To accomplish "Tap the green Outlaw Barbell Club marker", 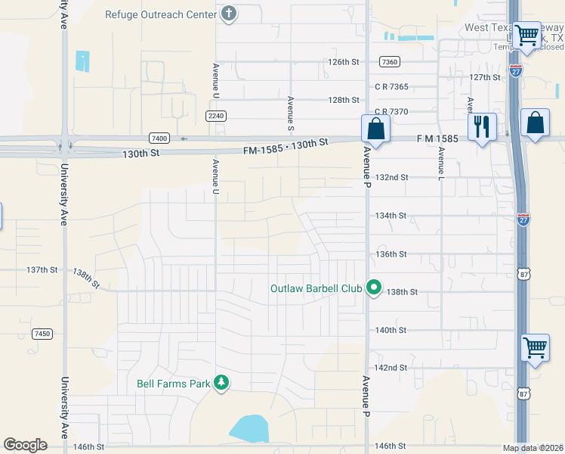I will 373,288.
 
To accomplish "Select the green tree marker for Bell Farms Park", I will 221,384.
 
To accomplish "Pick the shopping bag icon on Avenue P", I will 375,129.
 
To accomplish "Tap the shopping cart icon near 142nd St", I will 535,348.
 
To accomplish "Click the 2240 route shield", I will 215,115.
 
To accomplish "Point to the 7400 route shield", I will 159,138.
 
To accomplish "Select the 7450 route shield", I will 42,333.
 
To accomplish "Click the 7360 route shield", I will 390,61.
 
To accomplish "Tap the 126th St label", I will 344,62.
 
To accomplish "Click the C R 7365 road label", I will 391,87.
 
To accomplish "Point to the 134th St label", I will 391,216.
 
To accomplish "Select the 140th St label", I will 391,330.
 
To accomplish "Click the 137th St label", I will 42,269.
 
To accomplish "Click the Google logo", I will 25,445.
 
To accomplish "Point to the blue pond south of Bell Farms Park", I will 249,428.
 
